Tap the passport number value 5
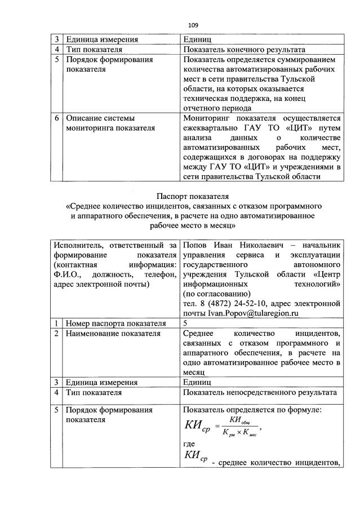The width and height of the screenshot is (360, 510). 185,323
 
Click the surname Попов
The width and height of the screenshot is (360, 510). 195,245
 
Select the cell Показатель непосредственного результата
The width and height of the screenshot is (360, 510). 259,392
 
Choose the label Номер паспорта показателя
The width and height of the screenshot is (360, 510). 115,323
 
